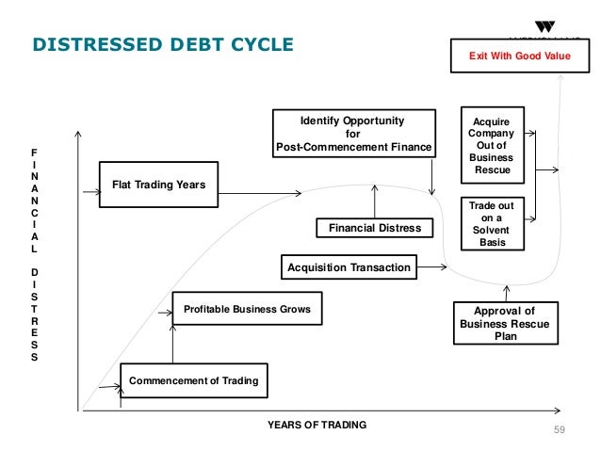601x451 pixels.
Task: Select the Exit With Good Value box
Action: (x=520, y=56)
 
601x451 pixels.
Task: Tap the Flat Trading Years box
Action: (x=159, y=185)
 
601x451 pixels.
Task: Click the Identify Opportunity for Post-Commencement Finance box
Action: (x=353, y=134)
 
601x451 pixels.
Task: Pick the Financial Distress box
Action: (x=375, y=228)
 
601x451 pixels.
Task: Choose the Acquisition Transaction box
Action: (x=349, y=267)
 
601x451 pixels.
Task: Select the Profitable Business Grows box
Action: (x=247, y=309)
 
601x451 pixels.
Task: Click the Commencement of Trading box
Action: (x=193, y=380)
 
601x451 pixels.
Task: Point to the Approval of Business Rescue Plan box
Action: (x=504, y=323)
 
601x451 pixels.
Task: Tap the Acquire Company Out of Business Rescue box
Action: (x=491, y=146)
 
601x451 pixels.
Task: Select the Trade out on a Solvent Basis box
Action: (x=491, y=223)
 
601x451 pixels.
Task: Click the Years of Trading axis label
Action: (x=317, y=426)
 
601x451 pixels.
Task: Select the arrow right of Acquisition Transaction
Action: (x=430, y=267)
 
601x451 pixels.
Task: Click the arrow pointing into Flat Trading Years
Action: (x=90, y=193)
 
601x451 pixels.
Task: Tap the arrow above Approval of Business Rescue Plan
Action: (x=505, y=290)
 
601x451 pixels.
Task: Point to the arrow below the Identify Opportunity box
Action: (x=430, y=175)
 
